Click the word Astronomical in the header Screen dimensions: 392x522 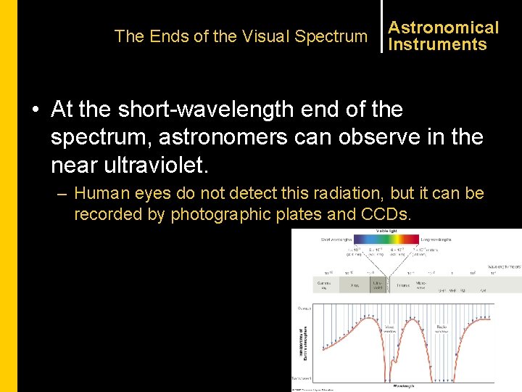[x=444, y=28]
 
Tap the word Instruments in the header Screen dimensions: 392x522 [x=437, y=44]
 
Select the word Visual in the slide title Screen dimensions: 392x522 [x=264, y=36]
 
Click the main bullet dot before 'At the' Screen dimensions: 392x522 [x=36, y=110]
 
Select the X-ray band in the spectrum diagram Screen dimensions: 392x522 [x=354, y=286]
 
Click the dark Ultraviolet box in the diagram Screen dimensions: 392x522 [x=378, y=286]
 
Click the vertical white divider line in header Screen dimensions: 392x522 [x=381, y=28]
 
